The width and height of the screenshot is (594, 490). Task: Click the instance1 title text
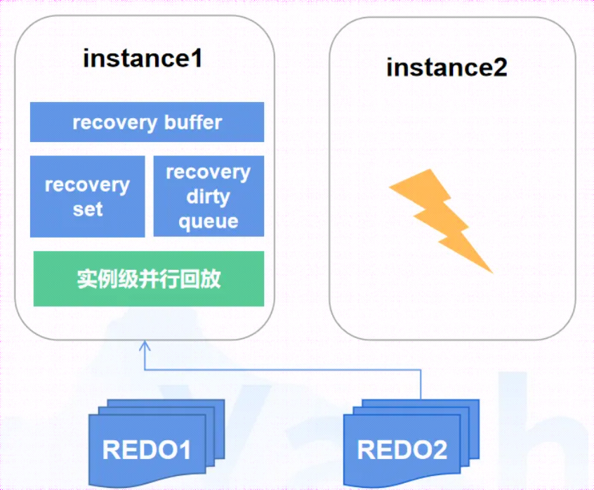(x=143, y=58)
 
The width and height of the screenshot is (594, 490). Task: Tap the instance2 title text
(x=447, y=67)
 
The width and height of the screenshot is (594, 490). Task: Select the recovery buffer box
(x=147, y=122)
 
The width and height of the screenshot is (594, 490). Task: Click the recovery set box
(x=88, y=196)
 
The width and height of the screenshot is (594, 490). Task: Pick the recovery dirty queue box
(x=209, y=196)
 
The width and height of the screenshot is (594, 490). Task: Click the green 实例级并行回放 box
(x=149, y=279)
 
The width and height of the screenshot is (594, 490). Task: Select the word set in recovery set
(x=88, y=209)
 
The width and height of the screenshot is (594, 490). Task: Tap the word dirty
(x=208, y=197)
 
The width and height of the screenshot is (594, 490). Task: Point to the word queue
(x=209, y=222)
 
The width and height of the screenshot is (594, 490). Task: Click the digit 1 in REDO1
(x=185, y=450)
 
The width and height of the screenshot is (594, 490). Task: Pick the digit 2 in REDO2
(x=440, y=450)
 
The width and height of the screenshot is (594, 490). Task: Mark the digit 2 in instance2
(x=500, y=67)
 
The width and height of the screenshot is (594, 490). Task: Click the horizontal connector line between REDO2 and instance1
(x=282, y=369)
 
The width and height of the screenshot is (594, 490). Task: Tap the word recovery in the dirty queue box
(x=209, y=173)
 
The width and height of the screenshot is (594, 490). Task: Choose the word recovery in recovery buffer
(x=114, y=123)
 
